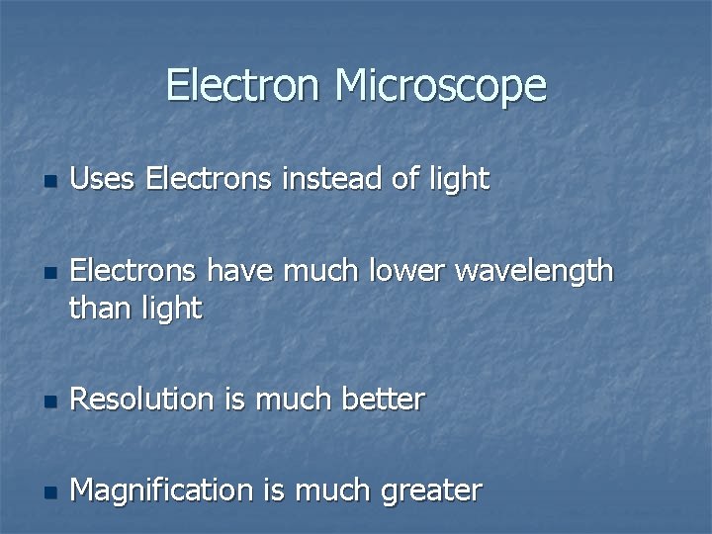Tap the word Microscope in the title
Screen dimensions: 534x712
[x=440, y=87]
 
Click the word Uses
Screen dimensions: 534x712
[x=104, y=179]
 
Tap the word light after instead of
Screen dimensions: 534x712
[x=456, y=180]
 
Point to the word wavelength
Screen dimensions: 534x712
[x=534, y=271]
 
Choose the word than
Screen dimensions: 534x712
[x=100, y=309]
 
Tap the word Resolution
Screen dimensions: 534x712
[x=142, y=400]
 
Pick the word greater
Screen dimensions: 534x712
[x=430, y=491]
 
